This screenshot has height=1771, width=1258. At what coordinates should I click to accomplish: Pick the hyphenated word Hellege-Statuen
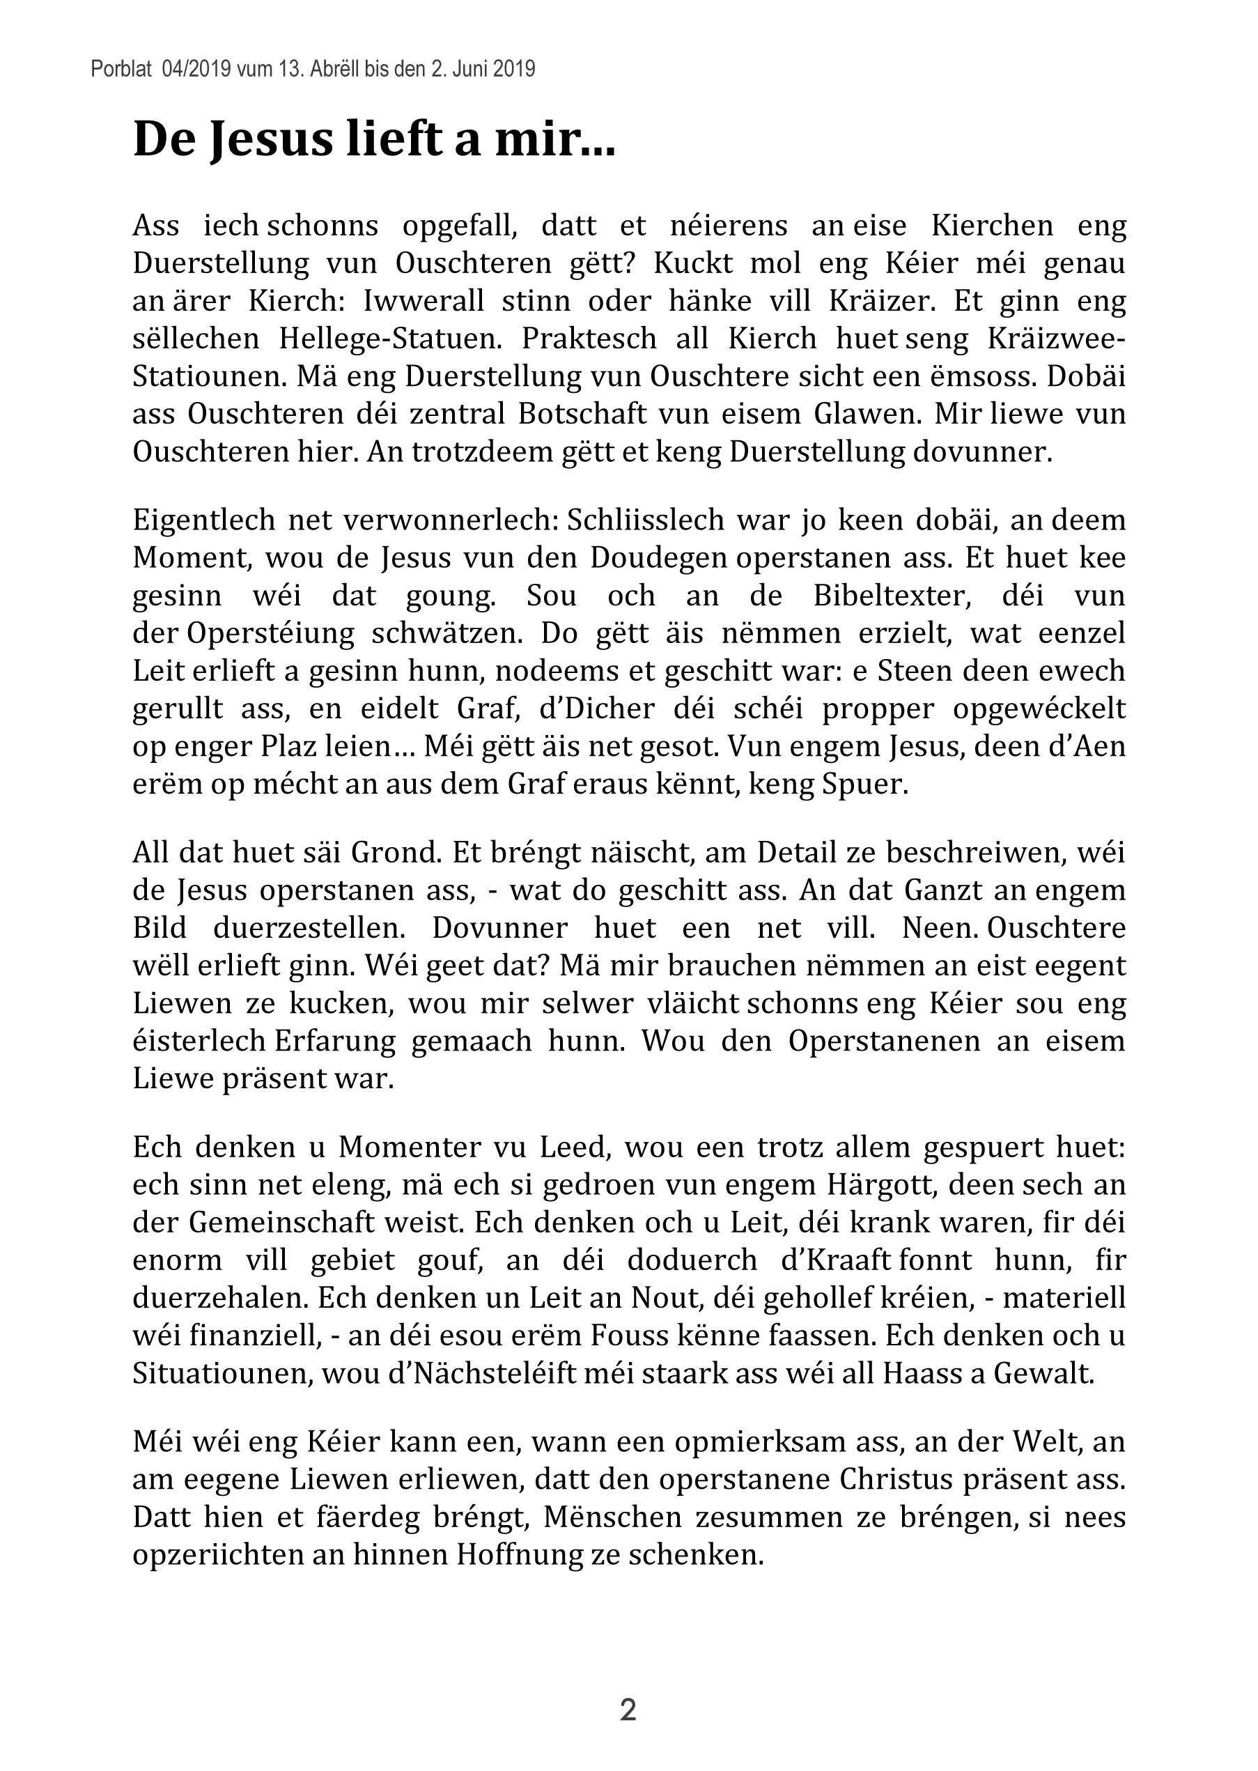click(389, 339)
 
